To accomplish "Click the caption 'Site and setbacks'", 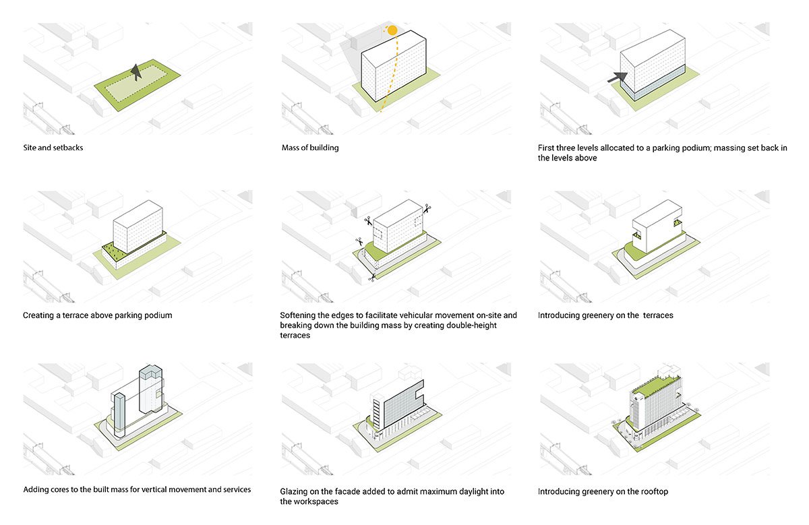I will pyautogui.click(x=53, y=147).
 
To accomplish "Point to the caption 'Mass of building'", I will pyautogui.click(x=310, y=147).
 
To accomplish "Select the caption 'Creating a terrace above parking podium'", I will pyautogui.click(x=97, y=315).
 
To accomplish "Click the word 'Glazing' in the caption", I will pyautogui.click(x=295, y=491).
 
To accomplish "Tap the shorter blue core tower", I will pyautogui.click(x=119, y=414).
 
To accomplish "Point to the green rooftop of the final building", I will pyautogui.click(x=661, y=387).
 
